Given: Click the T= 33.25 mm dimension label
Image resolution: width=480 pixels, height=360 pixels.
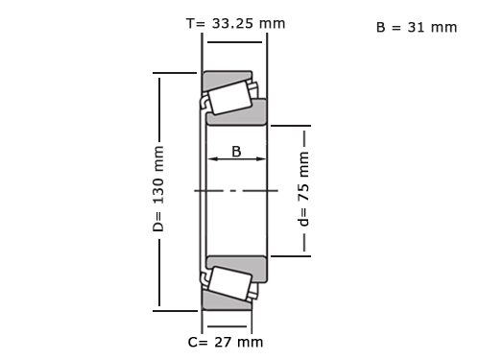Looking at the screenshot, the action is (x=235, y=24).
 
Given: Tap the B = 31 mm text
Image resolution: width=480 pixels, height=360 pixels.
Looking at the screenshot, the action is (x=417, y=28).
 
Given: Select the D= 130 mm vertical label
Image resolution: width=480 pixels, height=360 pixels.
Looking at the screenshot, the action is (x=158, y=189).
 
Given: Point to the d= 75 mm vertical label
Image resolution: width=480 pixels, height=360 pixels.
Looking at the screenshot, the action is (x=303, y=189).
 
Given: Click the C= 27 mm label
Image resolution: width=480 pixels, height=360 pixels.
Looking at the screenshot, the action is (x=226, y=342).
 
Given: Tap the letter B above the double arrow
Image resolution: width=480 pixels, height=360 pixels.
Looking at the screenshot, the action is (x=236, y=152).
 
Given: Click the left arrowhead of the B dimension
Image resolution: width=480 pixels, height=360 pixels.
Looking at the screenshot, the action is (x=212, y=158).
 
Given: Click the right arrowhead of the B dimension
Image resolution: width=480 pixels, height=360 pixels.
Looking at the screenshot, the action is (x=261, y=158).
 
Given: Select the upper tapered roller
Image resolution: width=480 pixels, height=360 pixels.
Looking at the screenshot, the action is (x=229, y=98).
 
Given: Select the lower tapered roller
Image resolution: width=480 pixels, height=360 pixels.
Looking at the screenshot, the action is (x=229, y=283).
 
